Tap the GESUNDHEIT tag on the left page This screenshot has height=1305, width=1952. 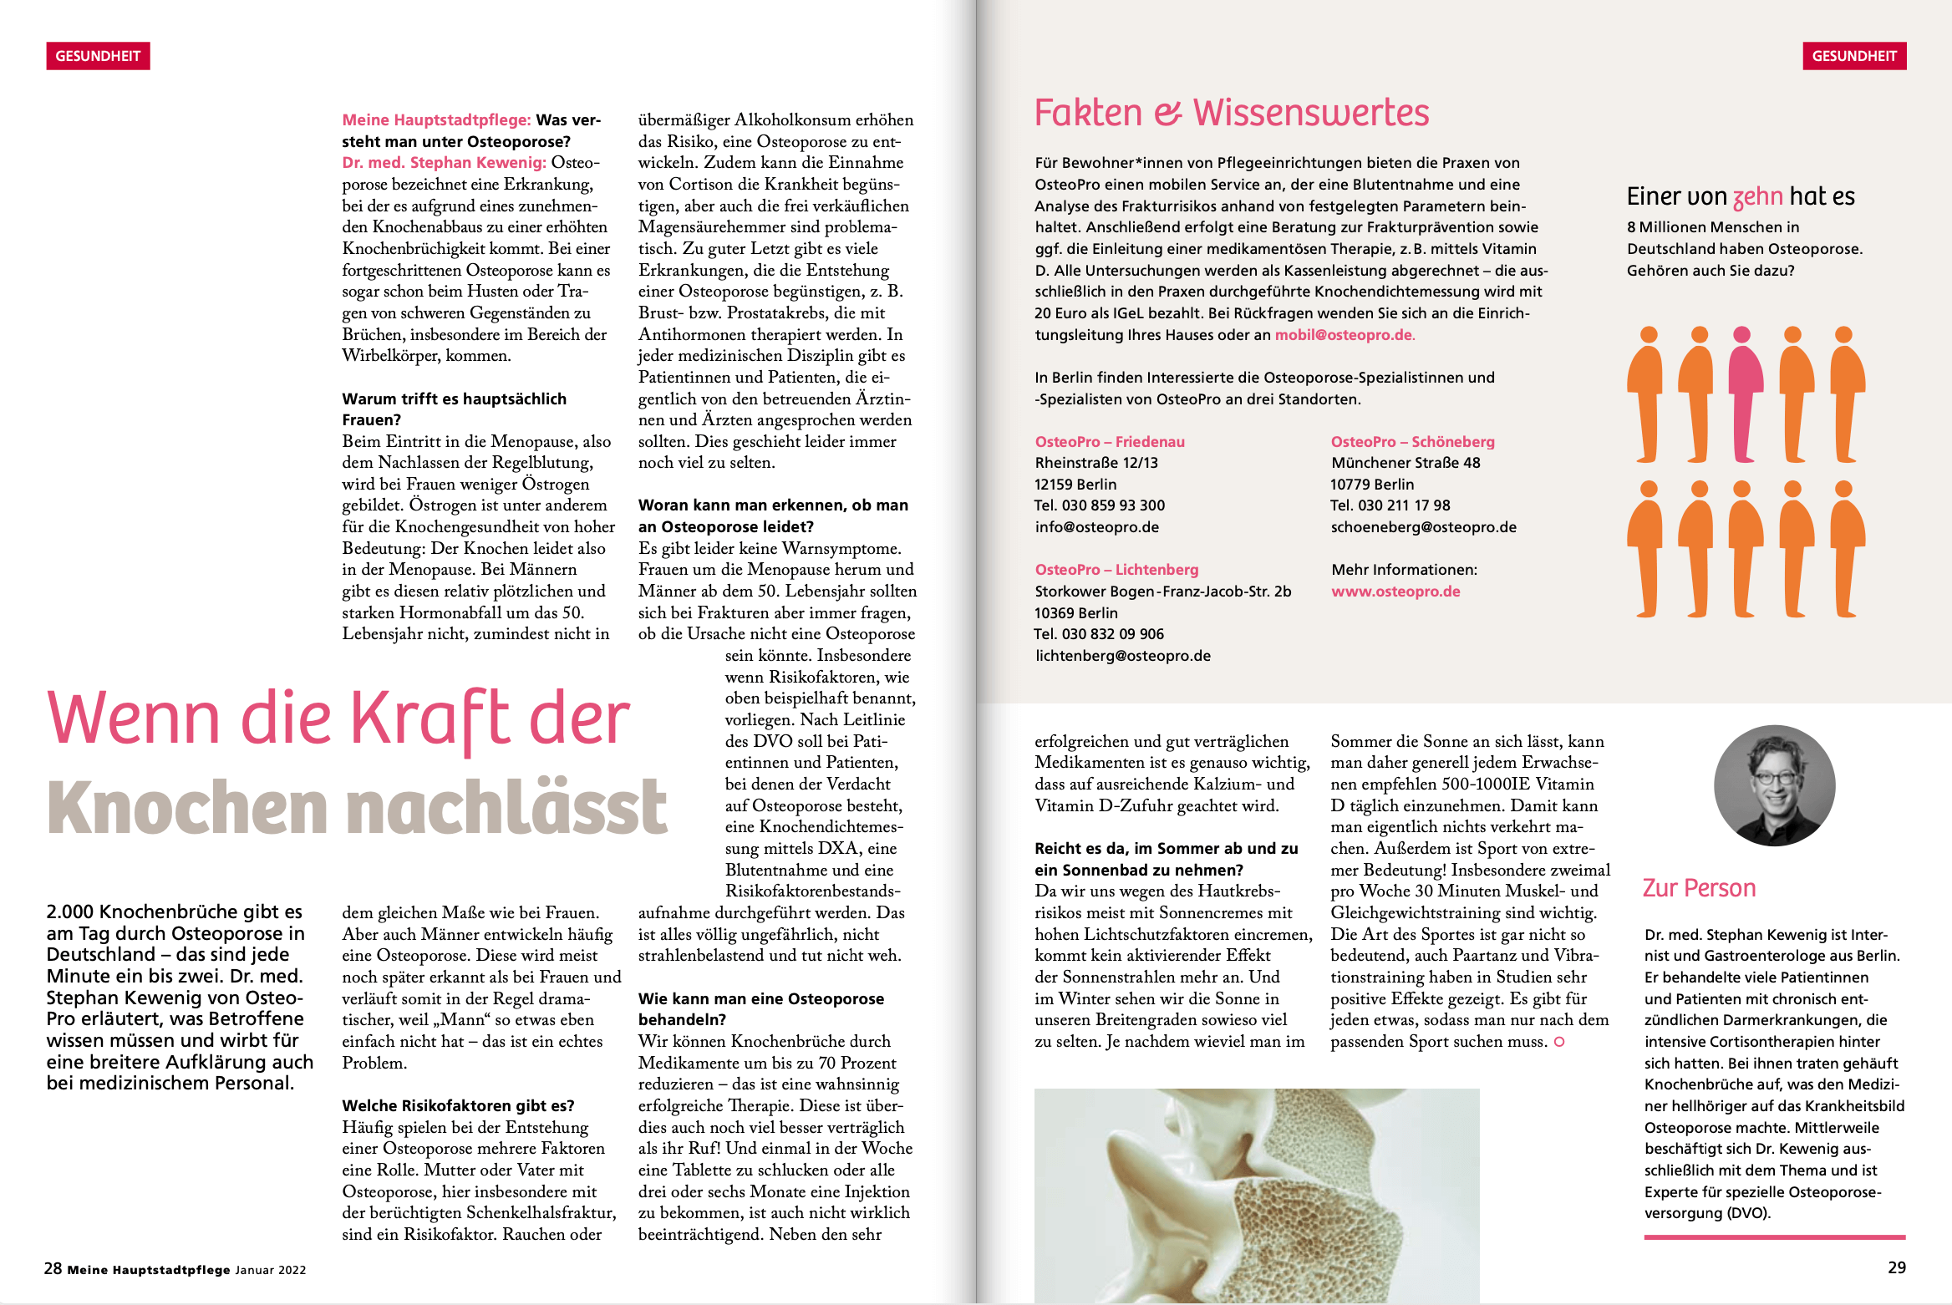point(98,56)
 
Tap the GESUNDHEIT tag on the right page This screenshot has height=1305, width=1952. point(1854,56)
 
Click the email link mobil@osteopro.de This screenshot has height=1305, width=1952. point(1344,335)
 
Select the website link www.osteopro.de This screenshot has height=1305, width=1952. point(1395,592)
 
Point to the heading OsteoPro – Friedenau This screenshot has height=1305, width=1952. point(1110,441)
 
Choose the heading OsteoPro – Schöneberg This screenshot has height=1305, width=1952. point(1412,441)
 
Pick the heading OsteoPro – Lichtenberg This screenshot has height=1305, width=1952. point(1116,570)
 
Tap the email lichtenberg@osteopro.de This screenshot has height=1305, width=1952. point(1123,656)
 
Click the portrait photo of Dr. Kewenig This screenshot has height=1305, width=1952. point(1774,785)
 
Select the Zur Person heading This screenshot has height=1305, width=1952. point(1699,888)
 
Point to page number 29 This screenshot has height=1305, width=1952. point(1897,1267)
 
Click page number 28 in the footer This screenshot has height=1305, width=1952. point(53,1268)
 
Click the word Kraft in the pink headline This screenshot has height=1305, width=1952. point(430,719)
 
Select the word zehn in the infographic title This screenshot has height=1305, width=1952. point(1758,197)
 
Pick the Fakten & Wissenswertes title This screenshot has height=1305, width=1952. point(1232,113)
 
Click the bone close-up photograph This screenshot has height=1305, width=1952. point(1257,1195)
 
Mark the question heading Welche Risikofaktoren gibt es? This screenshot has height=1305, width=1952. point(458,1105)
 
